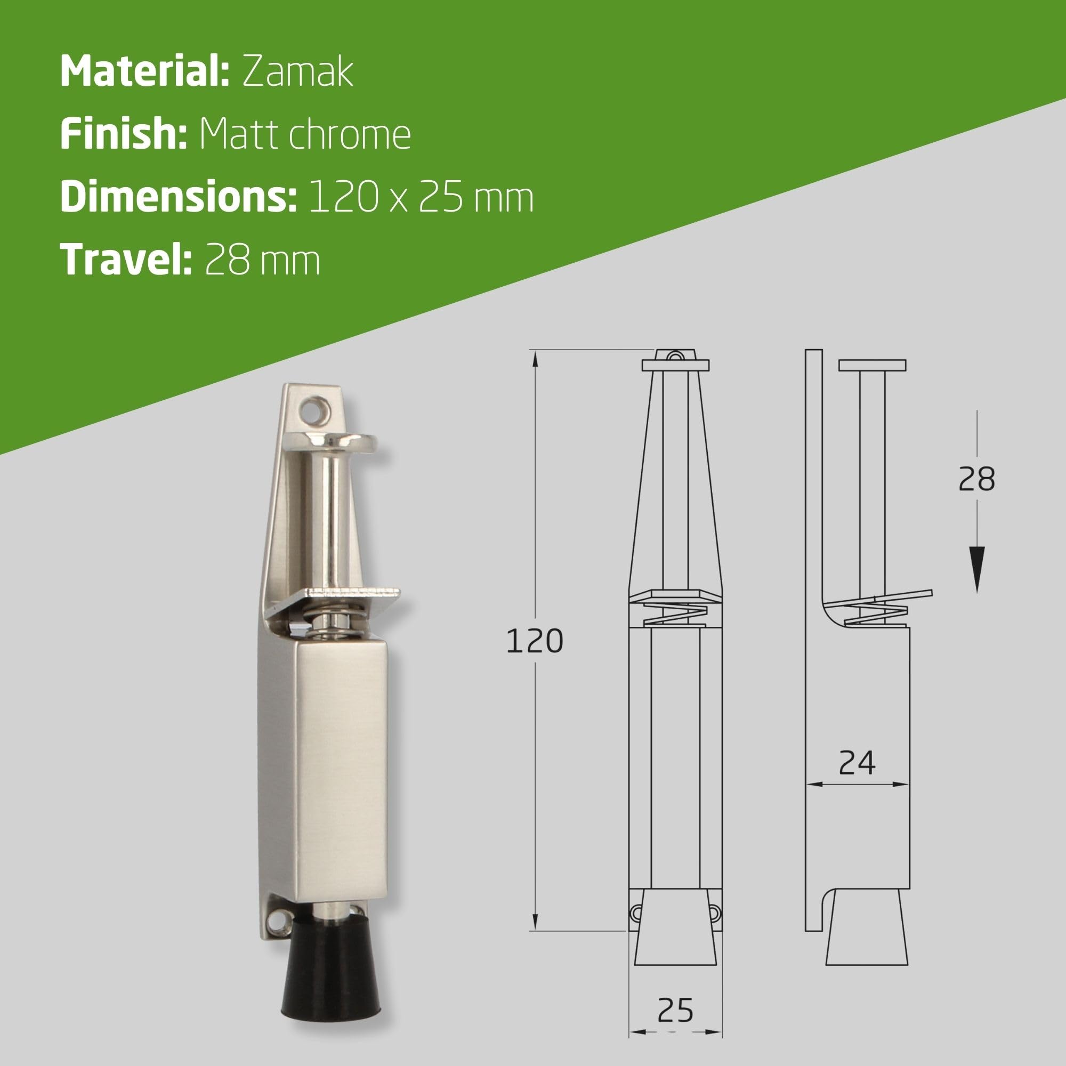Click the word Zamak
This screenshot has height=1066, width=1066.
[297, 72]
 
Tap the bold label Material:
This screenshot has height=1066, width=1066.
[144, 72]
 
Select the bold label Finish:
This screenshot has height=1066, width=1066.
[124, 134]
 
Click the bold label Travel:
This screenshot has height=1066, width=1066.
[126, 260]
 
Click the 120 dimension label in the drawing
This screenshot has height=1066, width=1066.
[534, 642]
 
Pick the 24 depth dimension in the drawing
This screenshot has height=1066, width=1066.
[857, 764]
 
